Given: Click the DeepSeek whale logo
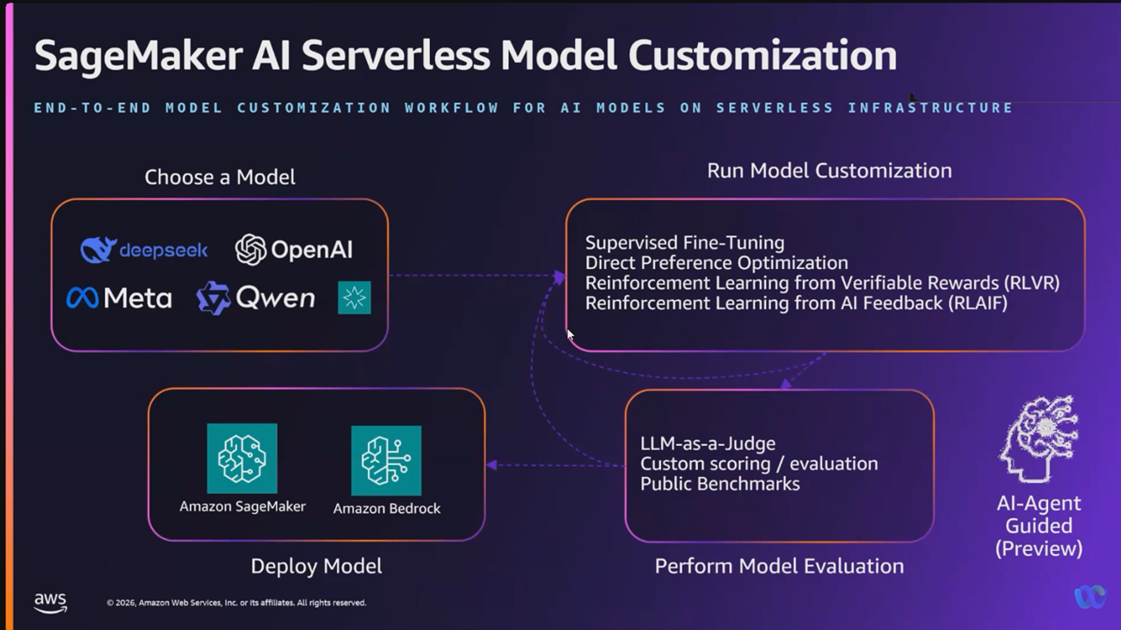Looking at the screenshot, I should [98, 249].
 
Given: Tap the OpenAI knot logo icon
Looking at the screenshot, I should [250, 249].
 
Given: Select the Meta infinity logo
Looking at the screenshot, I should [83, 298].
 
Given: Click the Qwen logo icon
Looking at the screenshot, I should [213, 298].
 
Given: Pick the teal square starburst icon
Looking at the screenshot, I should [354, 297].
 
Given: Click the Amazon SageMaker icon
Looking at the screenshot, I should [242, 458].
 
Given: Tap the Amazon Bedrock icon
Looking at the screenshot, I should [386, 461].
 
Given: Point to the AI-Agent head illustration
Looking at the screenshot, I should [1038, 438].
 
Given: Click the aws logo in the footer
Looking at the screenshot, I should [51, 602].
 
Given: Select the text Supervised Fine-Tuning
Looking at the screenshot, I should [684, 243].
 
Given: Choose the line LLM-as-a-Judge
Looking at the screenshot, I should [708, 443].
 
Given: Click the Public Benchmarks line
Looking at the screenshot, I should [720, 484].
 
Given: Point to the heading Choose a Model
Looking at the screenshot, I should [219, 177].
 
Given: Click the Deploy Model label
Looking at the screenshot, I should [315, 566].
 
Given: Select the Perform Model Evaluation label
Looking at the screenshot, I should [779, 566].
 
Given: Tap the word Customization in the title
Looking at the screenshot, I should [762, 56].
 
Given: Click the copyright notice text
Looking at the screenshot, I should [236, 603].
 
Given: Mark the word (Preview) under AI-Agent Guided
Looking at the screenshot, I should [1038, 548].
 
